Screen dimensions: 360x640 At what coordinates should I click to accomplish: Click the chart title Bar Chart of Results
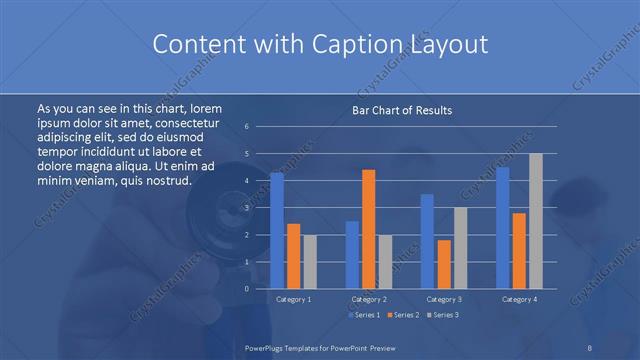[x=401, y=110]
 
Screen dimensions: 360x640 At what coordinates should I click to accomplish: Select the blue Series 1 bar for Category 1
[x=277, y=230]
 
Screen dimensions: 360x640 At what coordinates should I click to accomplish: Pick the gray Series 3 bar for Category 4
[x=535, y=221]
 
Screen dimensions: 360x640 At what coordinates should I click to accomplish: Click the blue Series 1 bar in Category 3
[x=427, y=241]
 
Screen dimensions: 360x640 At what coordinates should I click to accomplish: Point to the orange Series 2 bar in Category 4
[x=520, y=250]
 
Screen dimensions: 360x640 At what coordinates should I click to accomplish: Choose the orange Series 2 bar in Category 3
[x=443, y=264]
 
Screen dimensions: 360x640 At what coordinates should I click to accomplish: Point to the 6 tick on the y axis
[x=247, y=127]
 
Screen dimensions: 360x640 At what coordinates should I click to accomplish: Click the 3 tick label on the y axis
[x=247, y=208]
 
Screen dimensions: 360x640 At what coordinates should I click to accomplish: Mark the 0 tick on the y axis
[x=247, y=289]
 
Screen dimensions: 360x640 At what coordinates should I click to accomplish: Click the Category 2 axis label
[x=368, y=299]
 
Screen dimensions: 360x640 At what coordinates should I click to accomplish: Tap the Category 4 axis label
[x=520, y=299]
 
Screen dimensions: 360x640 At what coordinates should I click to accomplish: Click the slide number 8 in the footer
[x=590, y=347]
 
